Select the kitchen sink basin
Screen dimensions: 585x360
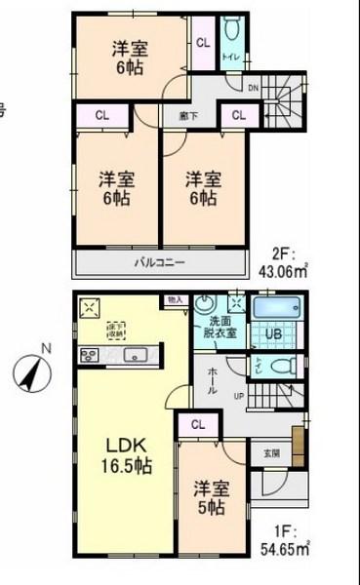point(133,355)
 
